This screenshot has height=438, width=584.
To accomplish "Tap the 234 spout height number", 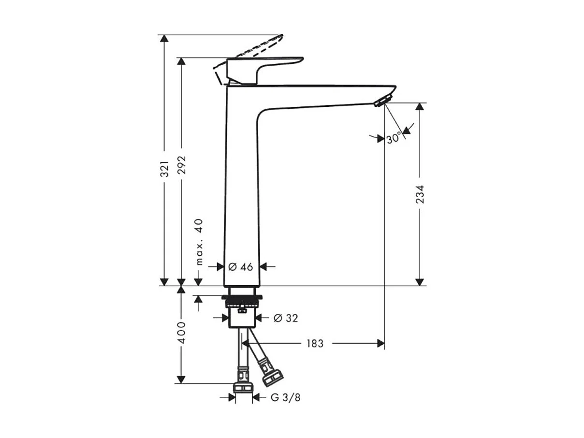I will pos(420,194).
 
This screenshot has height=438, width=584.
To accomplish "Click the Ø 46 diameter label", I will pos(241,266).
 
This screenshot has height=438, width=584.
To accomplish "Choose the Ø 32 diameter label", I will pos(286,318).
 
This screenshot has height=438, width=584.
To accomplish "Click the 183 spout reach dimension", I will pos(315,344).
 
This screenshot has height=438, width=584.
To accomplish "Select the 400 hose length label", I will pos(181,332).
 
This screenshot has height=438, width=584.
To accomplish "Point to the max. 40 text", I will pos(199,242).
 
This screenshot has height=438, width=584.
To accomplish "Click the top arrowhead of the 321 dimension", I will pos(164,39).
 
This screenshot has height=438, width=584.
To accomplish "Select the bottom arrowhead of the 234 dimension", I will pos(420,281).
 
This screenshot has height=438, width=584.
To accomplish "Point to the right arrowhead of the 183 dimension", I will pos(380,343).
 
